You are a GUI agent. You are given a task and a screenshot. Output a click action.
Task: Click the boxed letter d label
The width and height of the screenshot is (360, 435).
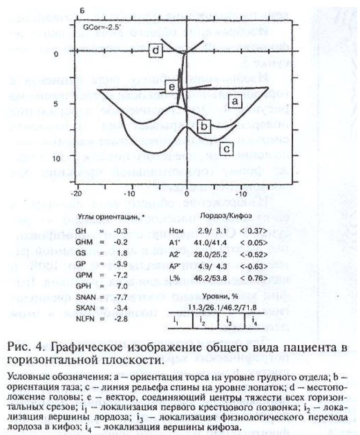156,50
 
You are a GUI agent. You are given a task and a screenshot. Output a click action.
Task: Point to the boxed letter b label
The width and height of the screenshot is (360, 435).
204,126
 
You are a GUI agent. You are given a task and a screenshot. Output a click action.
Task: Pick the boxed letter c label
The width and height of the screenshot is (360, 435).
226,149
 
